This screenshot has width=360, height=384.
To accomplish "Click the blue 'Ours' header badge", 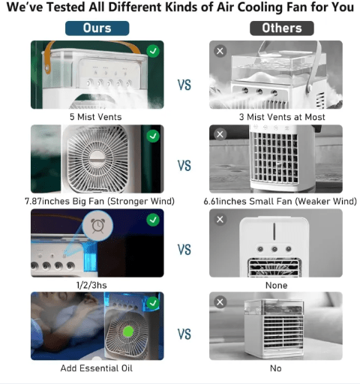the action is click(97, 28).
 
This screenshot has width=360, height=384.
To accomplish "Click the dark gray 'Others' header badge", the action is click(282, 28).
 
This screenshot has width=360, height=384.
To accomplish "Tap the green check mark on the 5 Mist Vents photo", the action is click(153, 51).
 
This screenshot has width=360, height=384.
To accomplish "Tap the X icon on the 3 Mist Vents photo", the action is click(220, 51).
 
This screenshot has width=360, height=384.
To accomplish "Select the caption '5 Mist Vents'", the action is click(96, 117).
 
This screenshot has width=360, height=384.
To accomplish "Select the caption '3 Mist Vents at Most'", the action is click(282, 117).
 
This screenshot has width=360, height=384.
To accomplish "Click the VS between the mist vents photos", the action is click(184, 85).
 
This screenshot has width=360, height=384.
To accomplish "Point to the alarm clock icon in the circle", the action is click(97, 226).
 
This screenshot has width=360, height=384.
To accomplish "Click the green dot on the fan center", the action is click(128, 331).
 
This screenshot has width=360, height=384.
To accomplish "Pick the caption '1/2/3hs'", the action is click(91, 285).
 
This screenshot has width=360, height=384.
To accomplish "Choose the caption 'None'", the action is click(276, 285).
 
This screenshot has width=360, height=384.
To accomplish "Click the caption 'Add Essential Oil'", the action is click(97, 368).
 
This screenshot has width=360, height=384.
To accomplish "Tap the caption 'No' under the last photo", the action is click(276, 368).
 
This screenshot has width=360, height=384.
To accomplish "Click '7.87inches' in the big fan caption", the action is click(47, 201).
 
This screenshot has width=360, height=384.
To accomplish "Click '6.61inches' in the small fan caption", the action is click(226, 201).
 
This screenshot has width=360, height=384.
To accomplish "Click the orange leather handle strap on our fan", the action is click(49, 55).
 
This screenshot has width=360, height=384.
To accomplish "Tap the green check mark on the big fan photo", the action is click(153, 136).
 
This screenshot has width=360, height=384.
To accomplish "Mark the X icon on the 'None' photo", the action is click(220, 220).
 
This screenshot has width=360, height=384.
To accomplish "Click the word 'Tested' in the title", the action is click(67, 7).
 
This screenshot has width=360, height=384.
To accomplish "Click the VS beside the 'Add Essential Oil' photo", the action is click(184, 334).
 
